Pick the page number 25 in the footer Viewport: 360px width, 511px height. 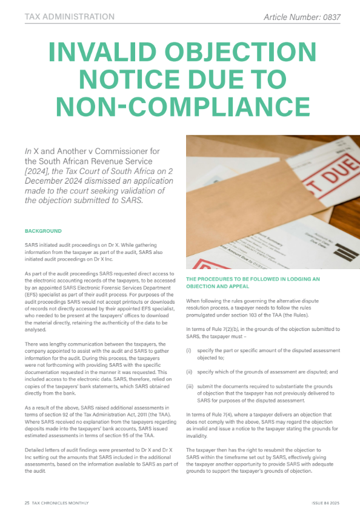27,503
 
